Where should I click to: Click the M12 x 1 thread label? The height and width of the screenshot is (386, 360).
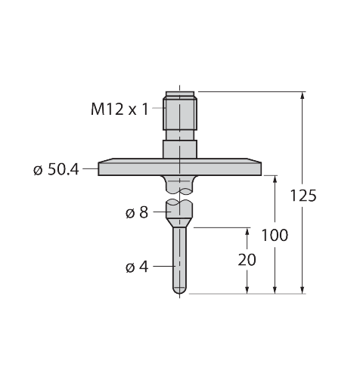pos(119,109)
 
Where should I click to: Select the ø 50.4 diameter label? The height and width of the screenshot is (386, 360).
pos(56,169)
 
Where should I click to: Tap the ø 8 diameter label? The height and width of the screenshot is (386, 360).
pos(137,212)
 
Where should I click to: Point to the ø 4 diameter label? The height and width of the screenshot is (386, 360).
pos(137,267)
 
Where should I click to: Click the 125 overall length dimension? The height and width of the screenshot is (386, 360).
pos(303,196)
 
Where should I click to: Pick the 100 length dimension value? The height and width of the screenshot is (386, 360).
pos(275,235)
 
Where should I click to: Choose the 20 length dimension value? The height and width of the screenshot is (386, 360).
pos(247,260)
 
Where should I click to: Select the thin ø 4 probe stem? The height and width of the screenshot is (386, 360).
pos(180,257)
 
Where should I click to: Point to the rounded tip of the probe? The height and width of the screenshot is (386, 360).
pos(180,291)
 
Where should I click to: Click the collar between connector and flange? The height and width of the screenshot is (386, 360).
pos(180,146)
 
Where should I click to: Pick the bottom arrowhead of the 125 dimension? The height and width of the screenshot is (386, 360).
pos(303,289)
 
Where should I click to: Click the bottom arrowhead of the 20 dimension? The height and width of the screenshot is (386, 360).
pos(247,289)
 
